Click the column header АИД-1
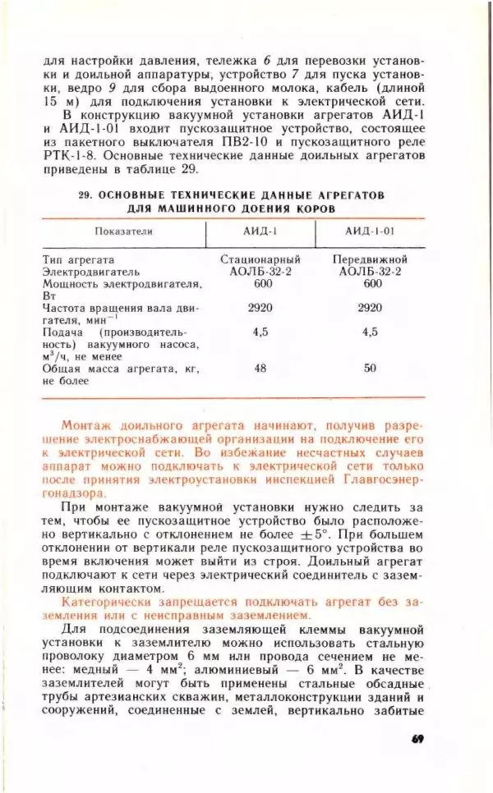click(260, 231)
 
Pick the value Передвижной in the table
click(371, 259)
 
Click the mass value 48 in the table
click(260, 369)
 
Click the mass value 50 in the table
click(371, 369)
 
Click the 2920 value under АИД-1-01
click(371, 308)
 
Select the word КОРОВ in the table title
click(315, 209)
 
